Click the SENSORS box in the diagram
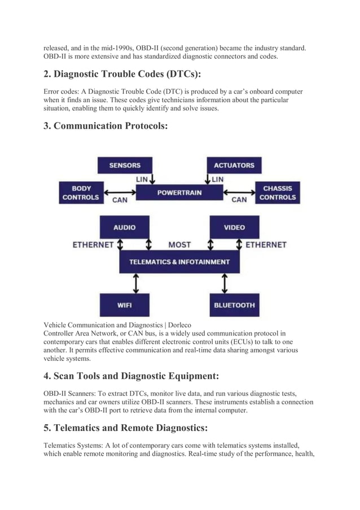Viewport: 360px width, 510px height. pos(125,165)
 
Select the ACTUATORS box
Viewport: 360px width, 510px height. pos(234,165)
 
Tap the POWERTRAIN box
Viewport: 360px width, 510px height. pos(179,193)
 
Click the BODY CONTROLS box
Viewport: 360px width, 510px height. pos(81,193)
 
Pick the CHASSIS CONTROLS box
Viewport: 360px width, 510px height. pos(278,193)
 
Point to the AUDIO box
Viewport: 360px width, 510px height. pos(124,227)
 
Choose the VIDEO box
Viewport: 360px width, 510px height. pos(234,227)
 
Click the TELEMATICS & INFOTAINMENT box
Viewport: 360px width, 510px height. pos(179,262)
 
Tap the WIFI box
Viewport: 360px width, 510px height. pos(124,305)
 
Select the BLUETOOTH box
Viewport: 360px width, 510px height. pos(234,305)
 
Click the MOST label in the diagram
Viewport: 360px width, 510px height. pos(179,245)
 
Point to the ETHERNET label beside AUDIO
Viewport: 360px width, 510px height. pos(93,245)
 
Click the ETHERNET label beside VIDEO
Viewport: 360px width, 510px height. pos(266,245)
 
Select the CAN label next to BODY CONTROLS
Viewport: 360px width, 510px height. pos(120,200)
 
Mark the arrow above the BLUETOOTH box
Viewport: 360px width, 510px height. pos(225,283)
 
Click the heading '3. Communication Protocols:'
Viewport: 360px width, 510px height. pos(106,126)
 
